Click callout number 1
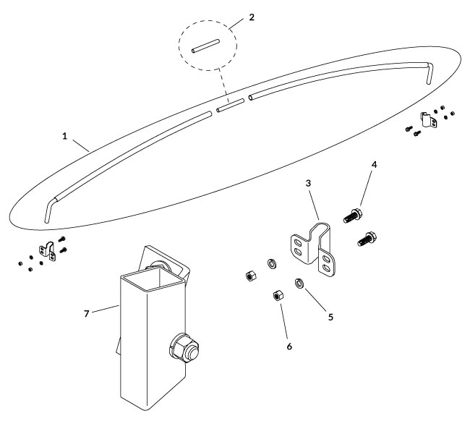coord(66,136)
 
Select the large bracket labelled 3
coord(317,246)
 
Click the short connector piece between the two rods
coord(230,108)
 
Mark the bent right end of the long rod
coord(430,72)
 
